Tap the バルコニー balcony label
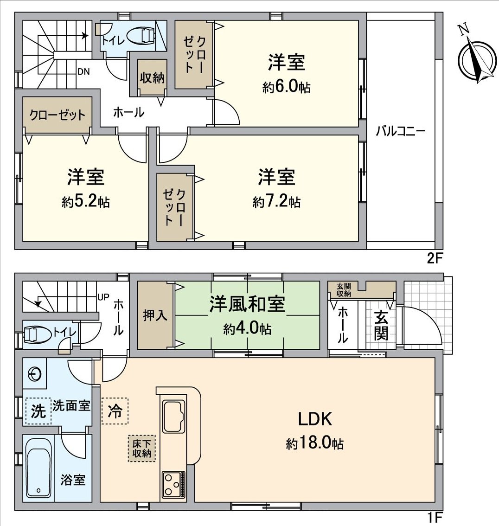(400, 131)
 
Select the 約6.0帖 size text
(286, 88)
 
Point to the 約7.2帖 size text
(276, 202)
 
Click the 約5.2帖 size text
(86, 202)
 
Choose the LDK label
(314, 419)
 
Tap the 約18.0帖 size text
(314, 444)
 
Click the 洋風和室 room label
(247, 304)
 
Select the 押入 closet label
(155, 315)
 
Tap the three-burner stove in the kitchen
(173, 485)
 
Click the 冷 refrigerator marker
(114, 411)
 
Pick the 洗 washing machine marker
(38, 411)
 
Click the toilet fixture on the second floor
(141, 36)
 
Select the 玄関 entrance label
(381, 326)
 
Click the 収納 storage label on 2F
(152, 78)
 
